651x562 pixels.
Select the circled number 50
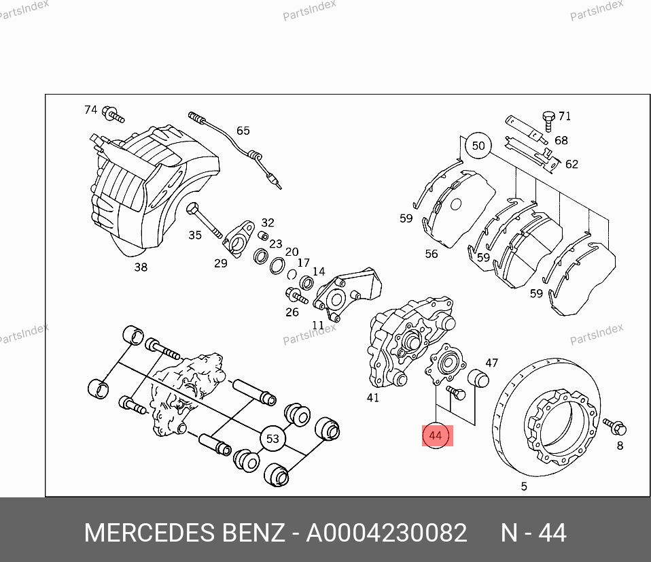[478, 146]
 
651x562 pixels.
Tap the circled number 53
[272, 439]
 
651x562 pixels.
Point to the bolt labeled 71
[548, 121]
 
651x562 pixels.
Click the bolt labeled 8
[615, 426]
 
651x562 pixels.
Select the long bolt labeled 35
[205, 220]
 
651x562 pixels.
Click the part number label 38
[141, 267]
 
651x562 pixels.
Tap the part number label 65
[243, 131]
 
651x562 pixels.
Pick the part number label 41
[373, 398]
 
